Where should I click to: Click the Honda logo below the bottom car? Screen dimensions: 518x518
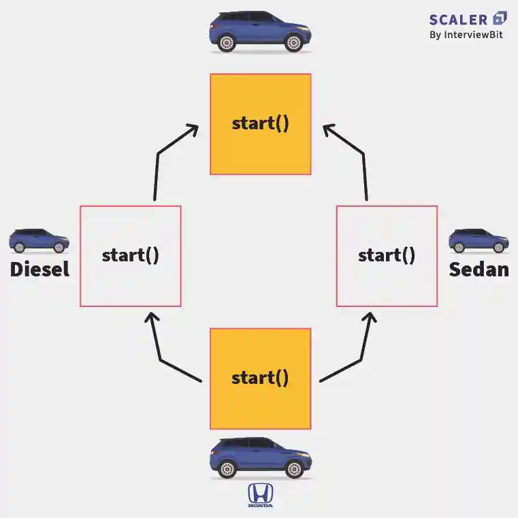(259, 496)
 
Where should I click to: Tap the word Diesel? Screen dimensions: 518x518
(39, 270)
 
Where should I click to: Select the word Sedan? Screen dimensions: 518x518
(479, 270)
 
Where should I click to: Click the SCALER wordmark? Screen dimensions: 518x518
(458, 18)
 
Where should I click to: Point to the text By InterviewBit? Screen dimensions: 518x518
(466, 35)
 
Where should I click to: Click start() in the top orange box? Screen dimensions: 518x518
(261, 124)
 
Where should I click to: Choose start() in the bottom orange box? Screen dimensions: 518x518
(260, 378)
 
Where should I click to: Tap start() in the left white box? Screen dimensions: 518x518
(130, 256)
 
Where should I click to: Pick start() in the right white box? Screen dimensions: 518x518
(387, 256)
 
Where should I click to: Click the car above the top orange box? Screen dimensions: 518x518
(259, 31)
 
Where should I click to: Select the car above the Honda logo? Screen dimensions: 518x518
(259, 458)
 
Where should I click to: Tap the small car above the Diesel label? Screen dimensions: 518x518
(39, 241)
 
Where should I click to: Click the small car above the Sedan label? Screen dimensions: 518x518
(479, 241)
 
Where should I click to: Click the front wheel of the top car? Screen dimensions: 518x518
(293, 43)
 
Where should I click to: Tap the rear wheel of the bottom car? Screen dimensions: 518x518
(227, 469)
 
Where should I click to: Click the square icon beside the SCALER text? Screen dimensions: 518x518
(500, 18)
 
